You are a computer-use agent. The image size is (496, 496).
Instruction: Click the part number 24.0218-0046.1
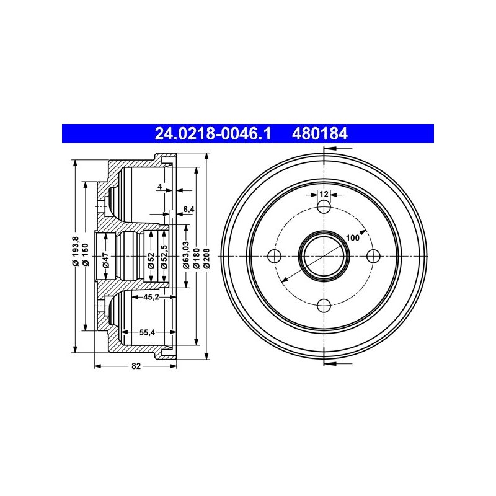click(213, 133)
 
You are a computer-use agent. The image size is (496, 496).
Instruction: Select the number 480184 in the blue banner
click(320, 133)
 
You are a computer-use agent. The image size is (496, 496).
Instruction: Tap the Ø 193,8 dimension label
click(75, 251)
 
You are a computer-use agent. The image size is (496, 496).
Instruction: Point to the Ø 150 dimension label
click(86, 254)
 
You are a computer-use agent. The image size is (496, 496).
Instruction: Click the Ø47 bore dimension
click(106, 260)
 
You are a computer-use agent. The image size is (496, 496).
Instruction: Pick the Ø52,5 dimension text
click(164, 257)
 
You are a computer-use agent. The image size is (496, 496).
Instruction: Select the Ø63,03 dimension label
click(187, 255)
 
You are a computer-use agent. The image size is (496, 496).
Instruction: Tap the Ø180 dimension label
click(197, 258)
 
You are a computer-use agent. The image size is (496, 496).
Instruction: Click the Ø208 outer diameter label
click(206, 258)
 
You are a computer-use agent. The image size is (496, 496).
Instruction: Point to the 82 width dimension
click(136, 366)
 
